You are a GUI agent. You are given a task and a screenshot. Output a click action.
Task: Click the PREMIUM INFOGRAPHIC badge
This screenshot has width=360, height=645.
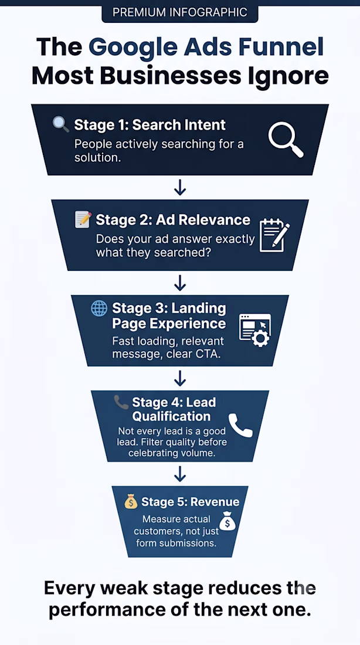point(180,12)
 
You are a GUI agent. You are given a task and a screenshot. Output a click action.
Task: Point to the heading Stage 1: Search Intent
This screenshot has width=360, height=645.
point(150,125)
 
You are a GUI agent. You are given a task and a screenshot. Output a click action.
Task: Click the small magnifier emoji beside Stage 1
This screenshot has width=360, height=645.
point(61,124)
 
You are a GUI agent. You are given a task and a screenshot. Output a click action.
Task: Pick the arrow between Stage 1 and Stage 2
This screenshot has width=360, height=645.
point(180,188)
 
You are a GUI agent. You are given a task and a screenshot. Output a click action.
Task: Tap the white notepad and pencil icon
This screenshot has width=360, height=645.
point(274,235)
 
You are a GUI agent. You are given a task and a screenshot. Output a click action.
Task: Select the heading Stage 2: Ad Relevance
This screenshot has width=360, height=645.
point(173,220)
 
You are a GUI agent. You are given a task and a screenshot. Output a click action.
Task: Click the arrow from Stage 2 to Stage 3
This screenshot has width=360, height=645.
point(180,283)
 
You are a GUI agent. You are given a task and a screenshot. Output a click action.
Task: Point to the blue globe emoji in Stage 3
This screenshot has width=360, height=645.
point(99,308)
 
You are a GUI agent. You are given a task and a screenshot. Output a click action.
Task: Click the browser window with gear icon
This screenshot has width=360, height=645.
point(255,330)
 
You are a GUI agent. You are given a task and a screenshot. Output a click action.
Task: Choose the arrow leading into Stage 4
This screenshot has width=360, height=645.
point(180,378)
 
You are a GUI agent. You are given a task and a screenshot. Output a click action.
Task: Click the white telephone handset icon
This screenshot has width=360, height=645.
point(241,425)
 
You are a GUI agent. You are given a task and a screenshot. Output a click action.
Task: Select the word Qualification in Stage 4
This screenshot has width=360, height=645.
point(171,416)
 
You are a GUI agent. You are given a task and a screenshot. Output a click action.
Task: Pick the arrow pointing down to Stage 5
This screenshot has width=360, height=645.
point(180,474)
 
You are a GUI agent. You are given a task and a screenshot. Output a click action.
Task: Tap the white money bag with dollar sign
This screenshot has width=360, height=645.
point(227,522)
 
